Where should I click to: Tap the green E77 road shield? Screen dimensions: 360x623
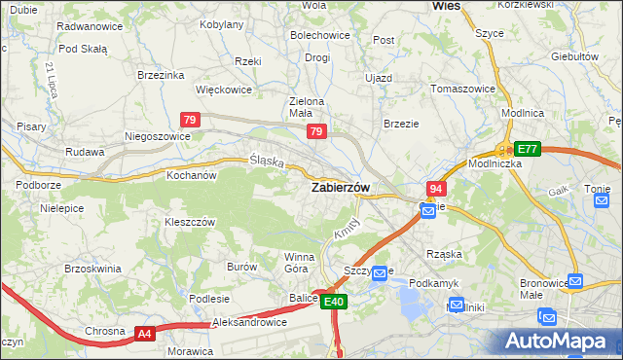tap(527, 149)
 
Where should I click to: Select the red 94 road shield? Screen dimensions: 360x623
tap(435, 189)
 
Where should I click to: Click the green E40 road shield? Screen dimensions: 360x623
tap(334, 303)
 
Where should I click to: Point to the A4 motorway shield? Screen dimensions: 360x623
tap(145, 334)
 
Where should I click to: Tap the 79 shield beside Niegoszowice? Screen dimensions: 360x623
tap(191, 120)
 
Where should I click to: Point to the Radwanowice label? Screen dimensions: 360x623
tap(90, 26)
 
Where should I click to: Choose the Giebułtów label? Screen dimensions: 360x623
tap(574, 56)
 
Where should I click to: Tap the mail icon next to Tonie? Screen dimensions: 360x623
tap(602, 199)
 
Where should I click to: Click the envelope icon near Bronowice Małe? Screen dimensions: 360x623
tap(575, 281)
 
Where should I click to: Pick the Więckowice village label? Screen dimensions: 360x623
tap(224, 90)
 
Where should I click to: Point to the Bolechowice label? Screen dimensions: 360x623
tap(320, 35)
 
